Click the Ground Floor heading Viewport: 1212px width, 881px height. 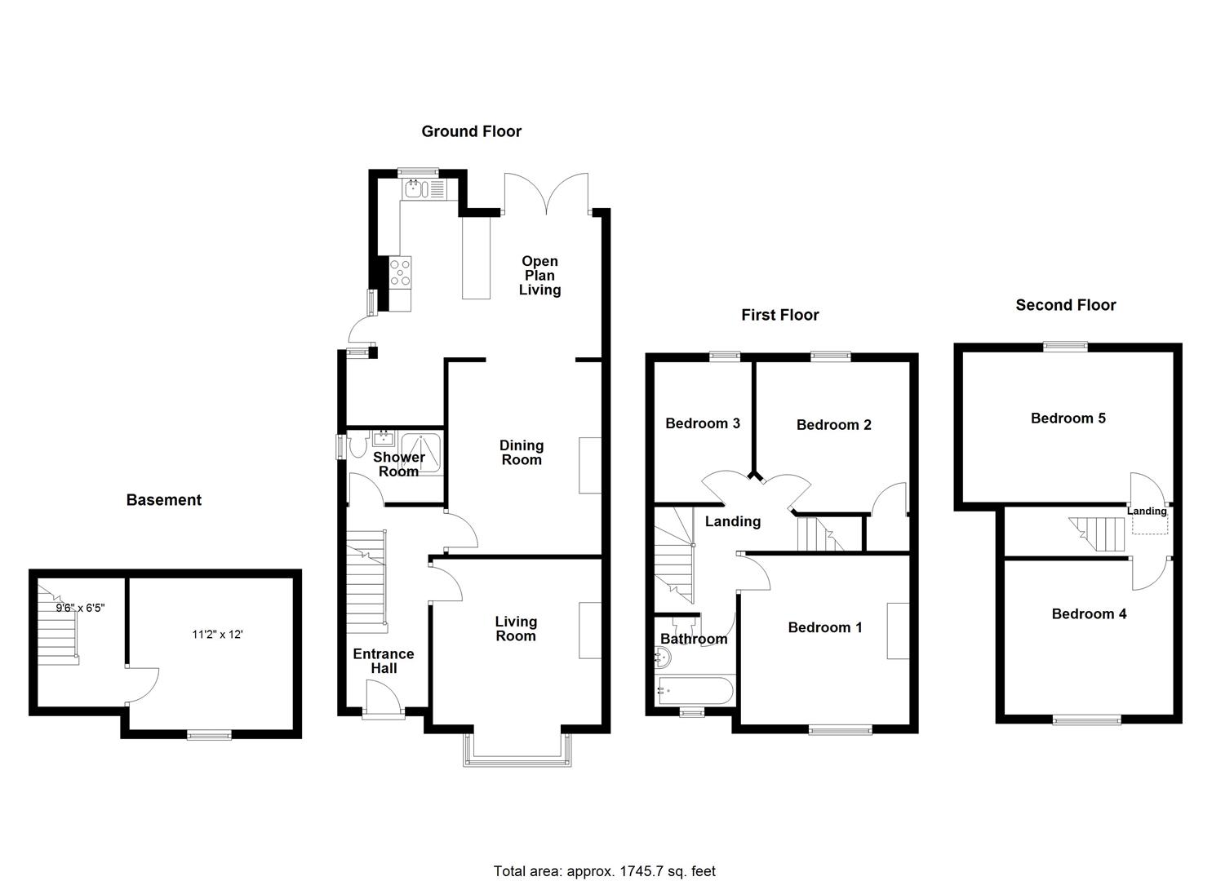[x=471, y=131]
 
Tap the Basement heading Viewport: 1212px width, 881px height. [x=163, y=500]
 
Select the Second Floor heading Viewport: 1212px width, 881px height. [x=1065, y=305]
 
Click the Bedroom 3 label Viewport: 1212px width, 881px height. [x=702, y=423]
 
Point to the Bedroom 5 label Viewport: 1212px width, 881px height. [x=1068, y=418]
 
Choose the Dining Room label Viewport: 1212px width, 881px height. [x=521, y=453]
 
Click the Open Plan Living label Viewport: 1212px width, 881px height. [x=539, y=276]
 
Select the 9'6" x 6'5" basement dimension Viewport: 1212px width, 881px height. [x=80, y=608]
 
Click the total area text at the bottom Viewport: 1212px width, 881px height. [x=604, y=871]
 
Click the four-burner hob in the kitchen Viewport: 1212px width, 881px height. [x=401, y=272]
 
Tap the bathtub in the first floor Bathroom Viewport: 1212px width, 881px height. [x=694, y=690]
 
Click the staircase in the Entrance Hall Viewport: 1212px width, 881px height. [x=366, y=580]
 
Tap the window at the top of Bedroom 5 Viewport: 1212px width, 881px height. [x=1065, y=346]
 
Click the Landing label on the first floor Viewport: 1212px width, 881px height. [x=732, y=521]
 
